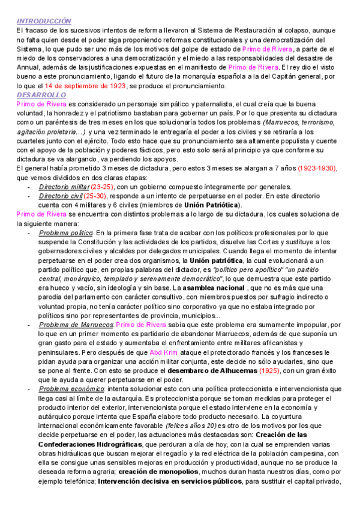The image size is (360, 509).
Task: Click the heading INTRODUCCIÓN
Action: (x=44, y=22)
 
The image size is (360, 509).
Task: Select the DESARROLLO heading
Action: (x=41, y=95)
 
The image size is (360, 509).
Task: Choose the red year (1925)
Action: (x=266, y=371)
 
